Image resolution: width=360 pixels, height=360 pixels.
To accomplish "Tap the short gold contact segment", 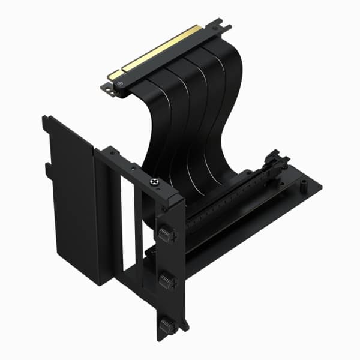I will [x=113, y=75].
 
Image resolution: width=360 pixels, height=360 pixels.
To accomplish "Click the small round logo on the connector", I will [x=122, y=85].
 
